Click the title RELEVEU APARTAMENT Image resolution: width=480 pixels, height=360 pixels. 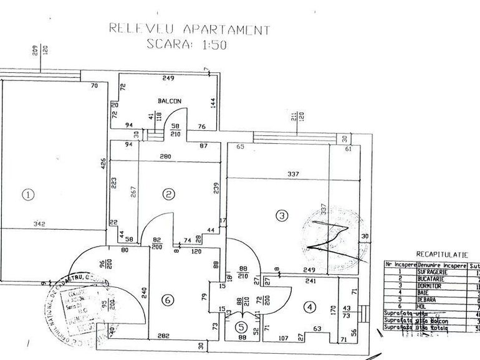tap(190, 29)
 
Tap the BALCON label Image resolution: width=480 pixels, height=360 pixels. tap(169, 101)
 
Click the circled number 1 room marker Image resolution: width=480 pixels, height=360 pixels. tap(27, 194)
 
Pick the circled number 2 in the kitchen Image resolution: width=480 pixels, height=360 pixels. tap(168, 194)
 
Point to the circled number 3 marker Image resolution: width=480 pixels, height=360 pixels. tap(282, 216)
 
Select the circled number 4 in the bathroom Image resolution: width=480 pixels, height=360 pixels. tap(309, 307)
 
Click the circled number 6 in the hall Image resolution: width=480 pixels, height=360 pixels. tap(166, 300)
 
